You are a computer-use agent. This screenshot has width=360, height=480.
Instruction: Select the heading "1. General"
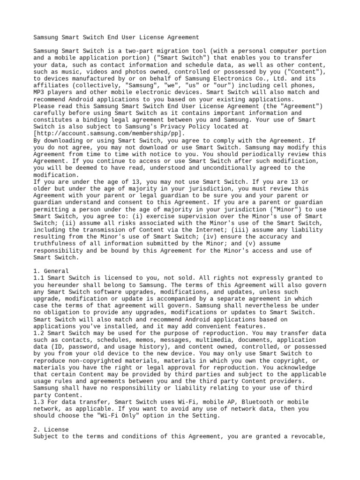[51, 271]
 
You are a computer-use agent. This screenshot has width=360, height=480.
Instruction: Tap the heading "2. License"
[51, 429]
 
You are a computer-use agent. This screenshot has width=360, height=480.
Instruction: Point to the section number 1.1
[39, 278]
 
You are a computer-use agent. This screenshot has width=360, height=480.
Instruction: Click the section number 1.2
[39, 333]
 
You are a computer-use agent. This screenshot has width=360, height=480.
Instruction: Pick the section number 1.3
[39, 402]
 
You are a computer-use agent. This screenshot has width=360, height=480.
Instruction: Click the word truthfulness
[54, 243]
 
